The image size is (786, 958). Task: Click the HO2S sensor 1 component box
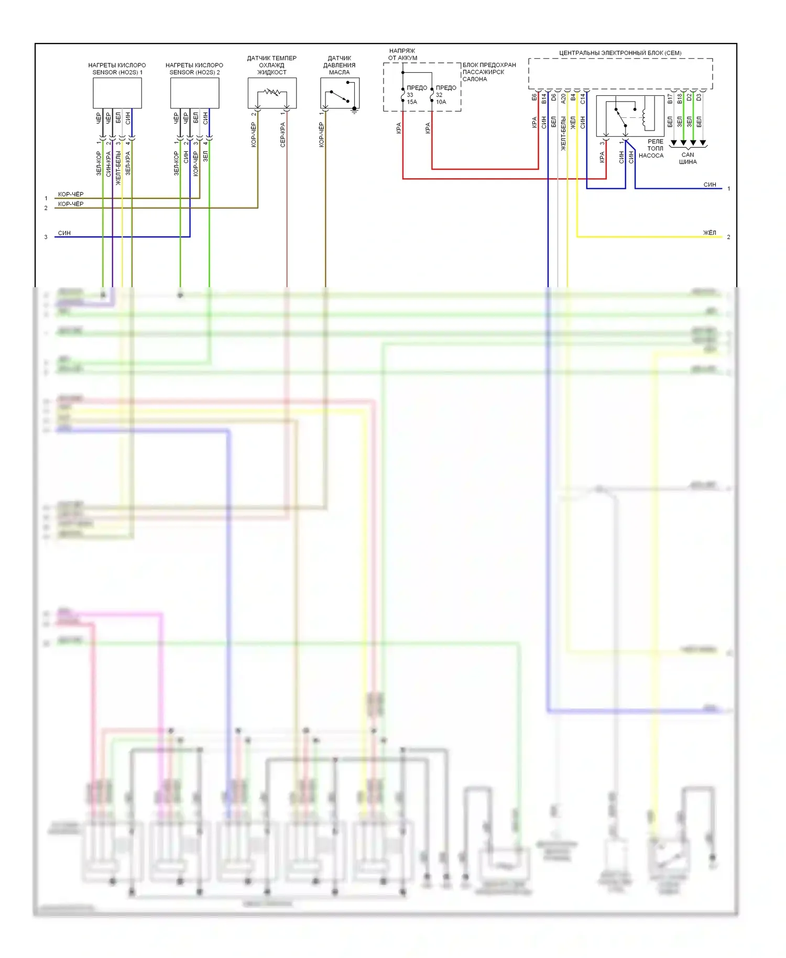point(117,93)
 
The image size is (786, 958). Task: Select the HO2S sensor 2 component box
point(194,93)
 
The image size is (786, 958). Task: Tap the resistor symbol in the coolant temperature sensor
point(272,93)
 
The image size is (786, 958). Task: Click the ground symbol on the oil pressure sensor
point(354,110)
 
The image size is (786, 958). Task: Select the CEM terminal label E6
point(534,97)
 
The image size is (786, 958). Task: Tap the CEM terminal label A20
point(563,98)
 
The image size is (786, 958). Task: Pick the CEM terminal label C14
point(583,98)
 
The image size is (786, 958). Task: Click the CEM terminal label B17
point(670,98)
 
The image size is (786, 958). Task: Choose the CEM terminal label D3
point(698,97)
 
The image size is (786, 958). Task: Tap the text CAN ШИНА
point(687,158)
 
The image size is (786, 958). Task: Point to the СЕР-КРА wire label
point(283,135)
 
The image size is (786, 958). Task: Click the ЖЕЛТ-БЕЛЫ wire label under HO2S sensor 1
point(118,168)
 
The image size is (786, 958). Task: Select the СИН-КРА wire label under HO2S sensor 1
point(108,164)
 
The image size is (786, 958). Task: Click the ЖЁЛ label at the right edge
point(709,233)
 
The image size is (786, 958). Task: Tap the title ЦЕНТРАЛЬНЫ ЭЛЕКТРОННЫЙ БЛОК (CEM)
point(620,53)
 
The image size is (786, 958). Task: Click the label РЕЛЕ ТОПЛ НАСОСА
point(651,148)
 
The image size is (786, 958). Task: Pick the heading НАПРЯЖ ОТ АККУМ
point(402,55)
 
